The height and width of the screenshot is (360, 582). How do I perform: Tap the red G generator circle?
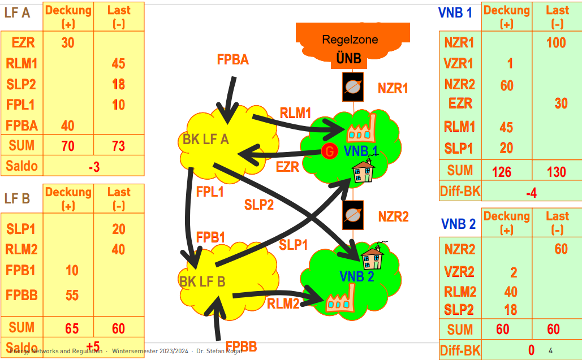click(329, 151)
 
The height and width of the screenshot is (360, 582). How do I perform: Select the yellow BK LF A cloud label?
click(206, 139)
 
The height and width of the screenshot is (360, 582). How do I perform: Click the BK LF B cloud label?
click(202, 281)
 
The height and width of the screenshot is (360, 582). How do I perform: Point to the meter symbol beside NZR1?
click(353, 87)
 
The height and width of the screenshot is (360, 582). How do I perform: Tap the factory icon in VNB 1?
click(361, 129)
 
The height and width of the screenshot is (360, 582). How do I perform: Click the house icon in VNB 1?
click(363, 171)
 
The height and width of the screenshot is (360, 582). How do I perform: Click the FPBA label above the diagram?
click(232, 59)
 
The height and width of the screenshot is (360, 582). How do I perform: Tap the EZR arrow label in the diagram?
click(287, 167)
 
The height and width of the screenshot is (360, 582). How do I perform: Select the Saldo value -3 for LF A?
click(94, 167)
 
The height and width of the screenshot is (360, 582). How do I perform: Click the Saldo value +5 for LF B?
click(93, 346)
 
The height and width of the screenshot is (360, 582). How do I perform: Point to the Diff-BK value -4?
click(531, 193)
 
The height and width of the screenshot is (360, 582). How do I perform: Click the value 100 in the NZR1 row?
click(556, 42)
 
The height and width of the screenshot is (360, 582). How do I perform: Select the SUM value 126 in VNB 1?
click(502, 172)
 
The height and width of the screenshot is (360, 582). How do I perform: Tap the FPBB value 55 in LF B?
click(72, 295)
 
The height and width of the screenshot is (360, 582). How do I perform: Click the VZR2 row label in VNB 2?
click(459, 272)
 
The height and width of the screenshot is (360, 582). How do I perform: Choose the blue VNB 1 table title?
click(455, 12)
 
